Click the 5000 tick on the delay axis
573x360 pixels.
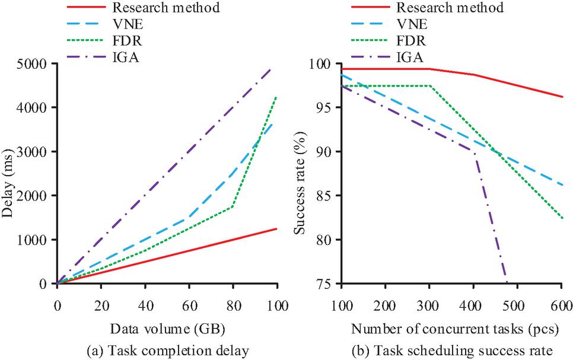click(34, 63)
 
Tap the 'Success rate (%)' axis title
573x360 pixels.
click(301, 173)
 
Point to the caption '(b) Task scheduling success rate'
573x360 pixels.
click(451, 351)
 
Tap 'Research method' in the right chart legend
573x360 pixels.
click(450, 8)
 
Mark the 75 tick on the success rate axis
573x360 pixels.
click(325, 283)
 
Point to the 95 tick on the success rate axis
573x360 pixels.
click(325, 107)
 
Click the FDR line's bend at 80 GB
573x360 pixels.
click(233, 206)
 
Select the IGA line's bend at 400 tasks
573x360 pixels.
click(475, 152)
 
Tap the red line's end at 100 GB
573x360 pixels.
click(276, 228)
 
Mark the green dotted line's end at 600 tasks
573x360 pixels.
click(562, 218)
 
